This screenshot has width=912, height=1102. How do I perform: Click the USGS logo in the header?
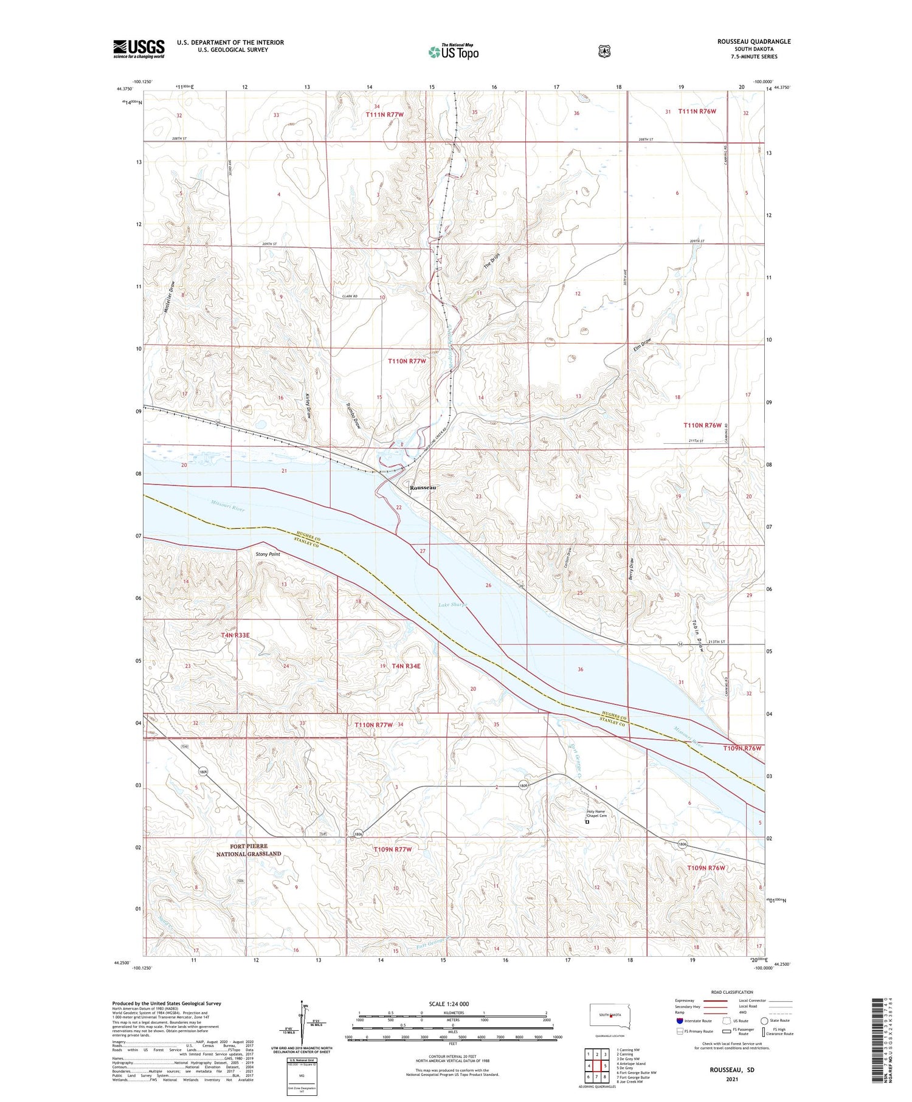click(x=139, y=49)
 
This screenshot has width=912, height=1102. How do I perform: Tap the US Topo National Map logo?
click(x=453, y=52)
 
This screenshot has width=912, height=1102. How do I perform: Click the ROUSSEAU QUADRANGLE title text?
click(x=753, y=41)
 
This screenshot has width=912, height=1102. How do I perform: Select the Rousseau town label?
click(x=423, y=488)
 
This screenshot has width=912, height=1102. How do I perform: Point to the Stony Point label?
click(x=268, y=554)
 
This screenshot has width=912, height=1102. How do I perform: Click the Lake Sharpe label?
click(x=452, y=605)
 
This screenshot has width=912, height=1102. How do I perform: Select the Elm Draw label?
click(x=641, y=345)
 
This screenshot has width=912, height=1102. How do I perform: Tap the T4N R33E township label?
click(x=235, y=635)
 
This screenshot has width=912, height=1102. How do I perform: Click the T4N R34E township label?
click(x=406, y=666)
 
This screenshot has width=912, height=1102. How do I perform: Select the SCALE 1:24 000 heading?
click(x=448, y=1004)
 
